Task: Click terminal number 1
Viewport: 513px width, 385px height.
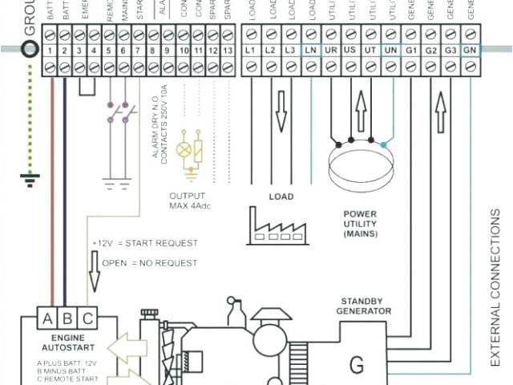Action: tap(50, 50)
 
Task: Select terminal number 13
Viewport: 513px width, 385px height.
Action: tap(230, 50)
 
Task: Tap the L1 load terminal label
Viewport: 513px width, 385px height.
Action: tap(250, 50)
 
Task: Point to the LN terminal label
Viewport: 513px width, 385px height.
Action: tap(310, 50)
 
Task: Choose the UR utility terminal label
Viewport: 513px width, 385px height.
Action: tap(330, 50)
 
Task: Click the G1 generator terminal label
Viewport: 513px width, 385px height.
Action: tap(410, 50)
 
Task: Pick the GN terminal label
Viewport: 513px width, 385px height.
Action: tap(471, 50)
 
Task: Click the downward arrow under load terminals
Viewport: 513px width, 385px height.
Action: tap(280, 108)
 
